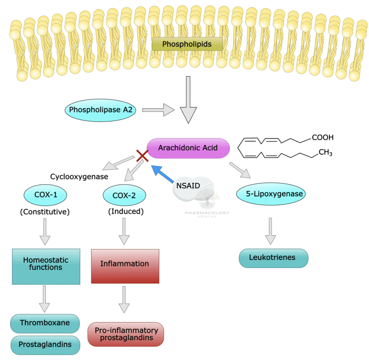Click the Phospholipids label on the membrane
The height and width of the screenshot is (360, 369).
pyautogui.click(x=187, y=44)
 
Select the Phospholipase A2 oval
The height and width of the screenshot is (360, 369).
pyautogui.click(x=101, y=110)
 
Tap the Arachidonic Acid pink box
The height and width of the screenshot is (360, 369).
pyautogui.click(x=188, y=148)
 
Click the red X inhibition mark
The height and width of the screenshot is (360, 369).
pyautogui.click(x=142, y=156)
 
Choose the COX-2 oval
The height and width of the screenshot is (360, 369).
pyautogui.click(x=124, y=195)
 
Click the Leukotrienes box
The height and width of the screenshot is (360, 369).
pyautogui.click(x=273, y=258)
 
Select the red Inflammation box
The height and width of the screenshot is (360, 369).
pyautogui.click(x=125, y=266)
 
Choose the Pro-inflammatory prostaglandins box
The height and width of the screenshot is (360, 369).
pyautogui.click(x=126, y=334)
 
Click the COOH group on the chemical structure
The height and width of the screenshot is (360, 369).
pyautogui.click(x=322, y=137)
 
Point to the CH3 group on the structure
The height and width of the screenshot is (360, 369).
pyautogui.click(x=325, y=153)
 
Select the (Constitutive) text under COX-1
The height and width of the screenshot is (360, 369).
pyautogui.click(x=45, y=211)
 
